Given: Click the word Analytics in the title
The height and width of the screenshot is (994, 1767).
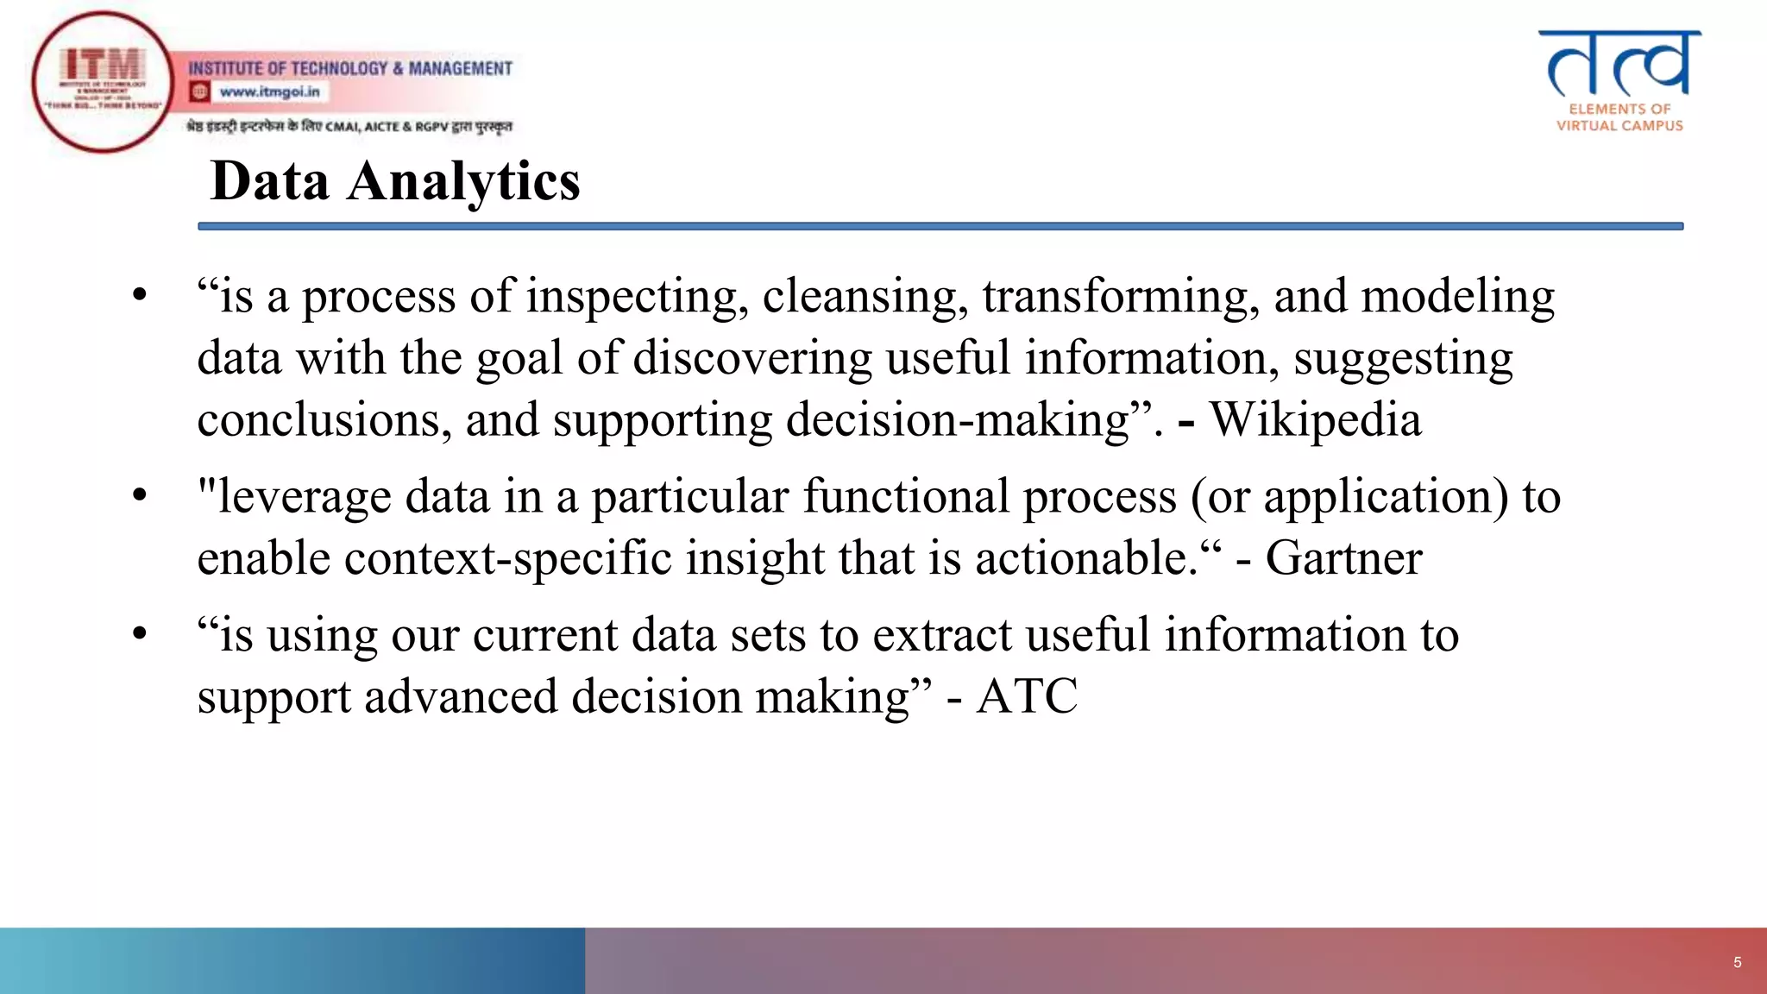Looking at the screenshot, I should [x=463, y=182].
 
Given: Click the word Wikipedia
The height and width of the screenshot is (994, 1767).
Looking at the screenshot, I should [x=1315, y=420].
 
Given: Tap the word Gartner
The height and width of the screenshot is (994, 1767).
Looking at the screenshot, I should [x=1343, y=558].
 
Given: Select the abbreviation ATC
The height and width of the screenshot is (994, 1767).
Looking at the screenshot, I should [x=1027, y=696].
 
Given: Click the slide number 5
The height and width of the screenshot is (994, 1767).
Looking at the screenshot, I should [x=1737, y=962].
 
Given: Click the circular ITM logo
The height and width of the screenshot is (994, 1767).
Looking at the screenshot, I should [x=103, y=82].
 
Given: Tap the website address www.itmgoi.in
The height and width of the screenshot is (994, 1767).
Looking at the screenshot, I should [x=269, y=91].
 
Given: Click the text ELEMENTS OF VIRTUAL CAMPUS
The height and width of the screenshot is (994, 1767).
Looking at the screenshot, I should [x=1619, y=117].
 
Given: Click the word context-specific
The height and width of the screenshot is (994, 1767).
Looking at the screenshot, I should [x=507, y=558].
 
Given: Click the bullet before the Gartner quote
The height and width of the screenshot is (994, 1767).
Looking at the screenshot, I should [x=140, y=495].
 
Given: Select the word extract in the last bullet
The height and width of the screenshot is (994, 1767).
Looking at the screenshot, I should [x=941, y=635].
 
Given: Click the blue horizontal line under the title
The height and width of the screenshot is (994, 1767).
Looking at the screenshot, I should [x=940, y=226].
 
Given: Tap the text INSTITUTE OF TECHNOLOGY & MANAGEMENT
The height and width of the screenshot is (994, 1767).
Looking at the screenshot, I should [x=350, y=68].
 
